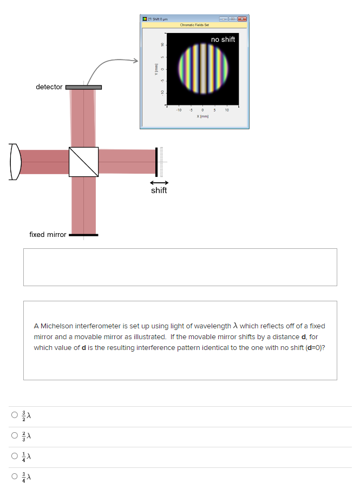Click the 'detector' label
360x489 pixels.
pyautogui.click(x=49, y=87)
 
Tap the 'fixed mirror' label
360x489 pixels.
pyautogui.click(x=48, y=235)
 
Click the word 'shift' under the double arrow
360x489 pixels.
pyautogui.click(x=159, y=190)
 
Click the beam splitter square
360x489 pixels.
pyautogui.click(x=84, y=162)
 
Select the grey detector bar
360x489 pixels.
pyautogui.click(x=83, y=87)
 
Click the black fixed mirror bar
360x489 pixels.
pyautogui.click(x=83, y=235)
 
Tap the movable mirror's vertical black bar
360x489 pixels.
pyautogui.click(x=156, y=162)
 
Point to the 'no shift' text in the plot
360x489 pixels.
pyautogui.click(x=223, y=39)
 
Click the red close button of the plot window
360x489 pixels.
pyautogui.click(x=242, y=19)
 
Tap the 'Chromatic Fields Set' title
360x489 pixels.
pyautogui.click(x=194, y=25)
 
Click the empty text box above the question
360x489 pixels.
pyautogui.click(x=180, y=267)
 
